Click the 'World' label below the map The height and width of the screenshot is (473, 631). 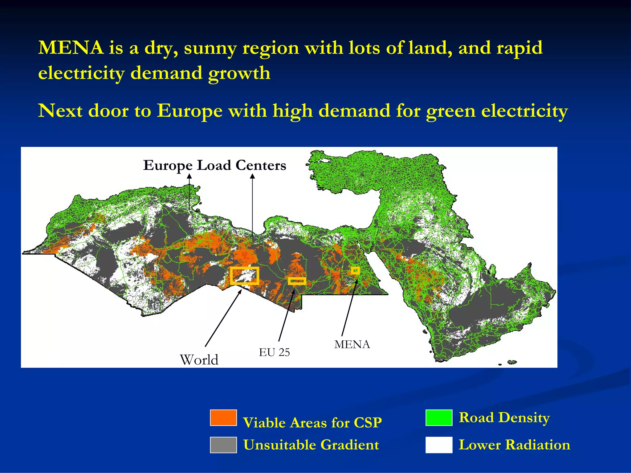[199, 360]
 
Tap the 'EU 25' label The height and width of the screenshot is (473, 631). [274, 352]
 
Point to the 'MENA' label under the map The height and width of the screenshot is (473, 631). [352, 344]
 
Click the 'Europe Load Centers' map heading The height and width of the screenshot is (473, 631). [215, 165]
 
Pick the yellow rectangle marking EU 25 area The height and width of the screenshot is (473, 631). [297, 281]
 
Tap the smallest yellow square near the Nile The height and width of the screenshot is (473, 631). [355, 270]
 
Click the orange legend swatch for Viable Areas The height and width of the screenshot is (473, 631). [223, 418]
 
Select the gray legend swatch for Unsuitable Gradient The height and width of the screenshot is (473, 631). [223, 445]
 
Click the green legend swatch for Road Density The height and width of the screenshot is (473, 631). [439, 418]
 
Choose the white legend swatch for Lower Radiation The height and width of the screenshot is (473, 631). [439, 445]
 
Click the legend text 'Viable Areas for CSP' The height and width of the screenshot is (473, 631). [312, 422]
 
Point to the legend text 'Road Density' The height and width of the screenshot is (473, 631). [504, 418]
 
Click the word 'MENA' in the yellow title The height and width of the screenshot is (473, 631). [71, 48]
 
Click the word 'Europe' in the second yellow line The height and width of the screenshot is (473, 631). [189, 111]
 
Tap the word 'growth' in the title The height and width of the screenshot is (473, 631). [239, 73]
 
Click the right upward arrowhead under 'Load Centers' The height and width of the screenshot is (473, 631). [252, 176]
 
